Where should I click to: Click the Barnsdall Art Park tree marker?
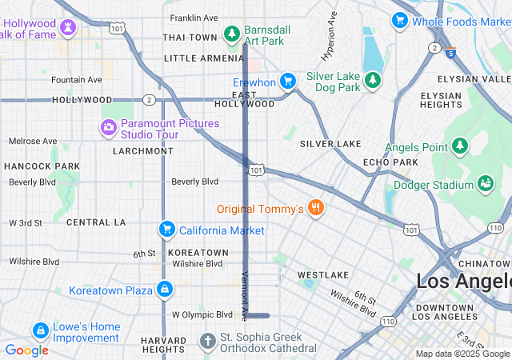pos(232,33)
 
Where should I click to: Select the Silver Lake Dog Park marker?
pos(372,79)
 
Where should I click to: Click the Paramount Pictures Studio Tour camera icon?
pos(108,127)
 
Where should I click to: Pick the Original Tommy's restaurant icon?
pos(317,209)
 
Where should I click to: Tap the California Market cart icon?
pos(166,230)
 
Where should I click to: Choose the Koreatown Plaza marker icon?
pos(164,289)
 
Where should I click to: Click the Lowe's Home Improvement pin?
pos(39,330)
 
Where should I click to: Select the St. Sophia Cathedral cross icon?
pos(207,342)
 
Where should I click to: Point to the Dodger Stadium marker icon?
pos(485,185)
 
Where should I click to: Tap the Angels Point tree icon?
pos(459,146)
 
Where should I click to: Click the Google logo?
pos(26,350)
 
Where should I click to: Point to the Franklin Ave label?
pos(194,18)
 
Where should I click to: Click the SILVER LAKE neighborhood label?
pos(330,144)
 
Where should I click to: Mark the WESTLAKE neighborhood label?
pos(323,274)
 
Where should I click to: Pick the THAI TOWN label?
pos(190,38)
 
